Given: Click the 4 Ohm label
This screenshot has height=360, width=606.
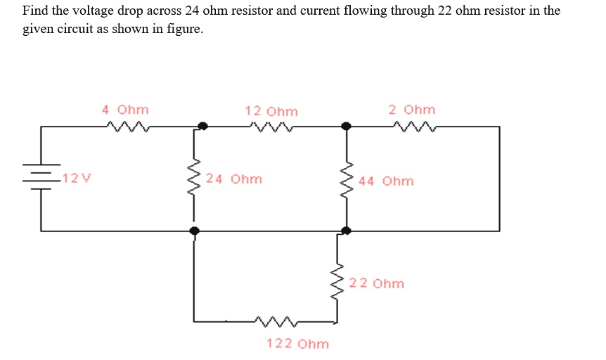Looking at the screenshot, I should point(125,110).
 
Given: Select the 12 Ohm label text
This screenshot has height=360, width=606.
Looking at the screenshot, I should point(271,111).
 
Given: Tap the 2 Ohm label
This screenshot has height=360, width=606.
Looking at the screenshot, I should point(411,110).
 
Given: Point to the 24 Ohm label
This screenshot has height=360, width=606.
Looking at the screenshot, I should point(235,179).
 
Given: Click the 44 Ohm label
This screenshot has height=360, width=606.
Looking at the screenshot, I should point(386,181).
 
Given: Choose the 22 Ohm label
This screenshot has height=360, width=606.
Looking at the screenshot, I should point(377,283).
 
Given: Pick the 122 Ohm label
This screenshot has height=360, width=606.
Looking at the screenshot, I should point(297,344).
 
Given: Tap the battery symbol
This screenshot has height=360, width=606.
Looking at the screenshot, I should point(41,176).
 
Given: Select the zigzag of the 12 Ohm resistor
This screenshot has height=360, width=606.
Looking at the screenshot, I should point(271,127).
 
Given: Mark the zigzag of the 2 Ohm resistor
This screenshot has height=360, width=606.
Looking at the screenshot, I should point(415,127).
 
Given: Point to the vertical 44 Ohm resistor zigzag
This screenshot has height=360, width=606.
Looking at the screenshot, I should point(346,179).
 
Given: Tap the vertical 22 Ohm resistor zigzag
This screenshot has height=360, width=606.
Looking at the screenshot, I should point(337,282).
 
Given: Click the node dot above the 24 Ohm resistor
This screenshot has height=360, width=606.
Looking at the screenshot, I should point(202,127).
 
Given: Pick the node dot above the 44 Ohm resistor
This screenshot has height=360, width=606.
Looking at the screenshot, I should point(345,127).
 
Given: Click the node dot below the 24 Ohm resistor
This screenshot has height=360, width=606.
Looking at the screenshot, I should point(195,230).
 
